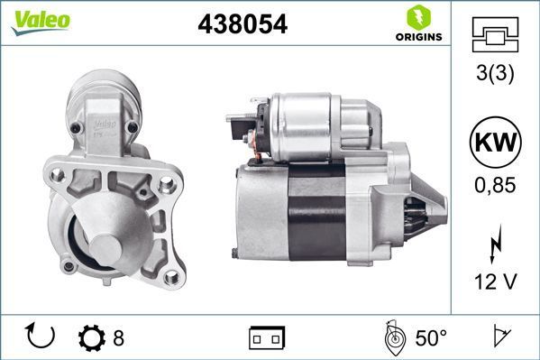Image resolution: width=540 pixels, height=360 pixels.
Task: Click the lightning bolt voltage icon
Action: coord(495,244)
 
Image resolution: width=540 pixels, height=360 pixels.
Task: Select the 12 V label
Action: coord(495,282)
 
